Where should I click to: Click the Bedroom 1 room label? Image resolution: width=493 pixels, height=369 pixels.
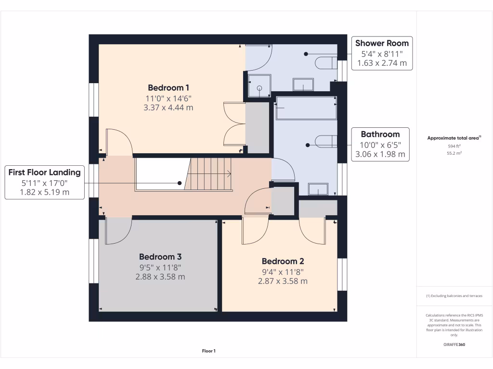[x=168, y=87]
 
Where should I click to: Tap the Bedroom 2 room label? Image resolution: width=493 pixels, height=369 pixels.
[x=283, y=261]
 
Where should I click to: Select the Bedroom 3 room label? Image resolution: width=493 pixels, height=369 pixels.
[x=160, y=257]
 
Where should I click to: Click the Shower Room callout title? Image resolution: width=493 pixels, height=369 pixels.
[x=382, y=43]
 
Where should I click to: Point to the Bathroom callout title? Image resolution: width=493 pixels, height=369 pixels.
[x=380, y=135]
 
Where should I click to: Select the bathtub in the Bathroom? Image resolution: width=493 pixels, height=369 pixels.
[x=306, y=108]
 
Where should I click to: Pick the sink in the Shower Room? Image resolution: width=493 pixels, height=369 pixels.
[x=303, y=85]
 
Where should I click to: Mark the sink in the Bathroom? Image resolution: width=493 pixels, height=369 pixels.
[x=318, y=189]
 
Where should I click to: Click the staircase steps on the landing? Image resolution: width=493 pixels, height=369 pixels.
[x=210, y=173]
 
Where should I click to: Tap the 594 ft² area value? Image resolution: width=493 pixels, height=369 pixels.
[x=454, y=146]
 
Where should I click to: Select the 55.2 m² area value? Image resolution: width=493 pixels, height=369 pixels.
[x=454, y=153]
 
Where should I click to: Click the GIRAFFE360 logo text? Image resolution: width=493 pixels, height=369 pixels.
[x=454, y=344]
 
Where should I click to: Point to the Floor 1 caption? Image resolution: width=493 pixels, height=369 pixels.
[x=208, y=351]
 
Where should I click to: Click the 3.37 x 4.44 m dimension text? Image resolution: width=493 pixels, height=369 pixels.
[x=168, y=108]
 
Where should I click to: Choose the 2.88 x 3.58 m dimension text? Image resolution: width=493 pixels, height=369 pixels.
[x=160, y=277]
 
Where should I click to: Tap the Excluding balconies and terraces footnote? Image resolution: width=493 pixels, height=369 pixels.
[x=454, y=296]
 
